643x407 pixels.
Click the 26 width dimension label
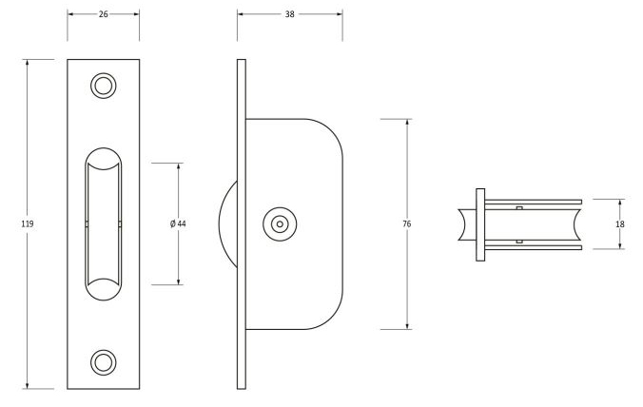(x=103, y=14)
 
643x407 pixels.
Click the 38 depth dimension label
(x=290, y=14)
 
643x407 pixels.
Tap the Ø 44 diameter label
(x=178, y=223)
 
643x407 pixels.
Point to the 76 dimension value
(x=407, y=223)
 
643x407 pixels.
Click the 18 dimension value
(x=620, y=223)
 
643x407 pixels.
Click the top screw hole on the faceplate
(x=103, y=86)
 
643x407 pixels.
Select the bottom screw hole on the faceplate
(x=103, y=361)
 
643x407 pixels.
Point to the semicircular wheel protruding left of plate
(x=228, y=224)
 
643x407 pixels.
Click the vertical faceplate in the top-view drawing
(x=481, y=224)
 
